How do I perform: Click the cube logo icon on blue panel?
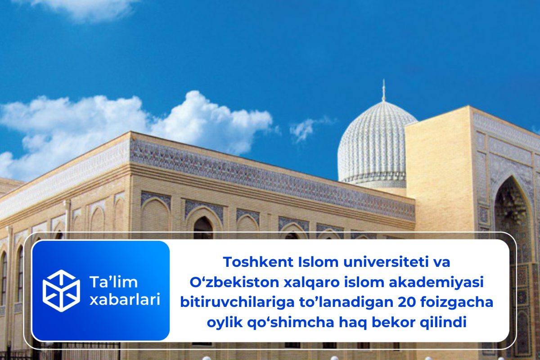pos(61,290)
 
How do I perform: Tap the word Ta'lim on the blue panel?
pos(108,283)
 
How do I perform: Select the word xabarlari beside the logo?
pos(125,300)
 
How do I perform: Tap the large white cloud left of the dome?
pos(135,126)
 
